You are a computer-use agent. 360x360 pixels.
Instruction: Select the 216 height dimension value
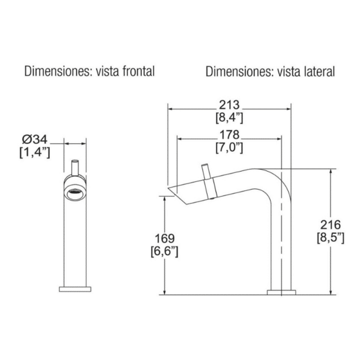pyautogui.click(x=329, y=226)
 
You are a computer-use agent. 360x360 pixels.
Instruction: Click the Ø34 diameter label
pyautogui.click(x=34, y=142)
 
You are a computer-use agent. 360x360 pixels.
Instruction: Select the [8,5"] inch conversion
pyautogui.click(x=329, y=238)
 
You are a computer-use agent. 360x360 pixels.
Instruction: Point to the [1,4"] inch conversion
pyautogui.click(x=34, y=154)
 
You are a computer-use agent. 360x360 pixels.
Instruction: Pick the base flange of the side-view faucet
pyautogui.click(x=281, y=292)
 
